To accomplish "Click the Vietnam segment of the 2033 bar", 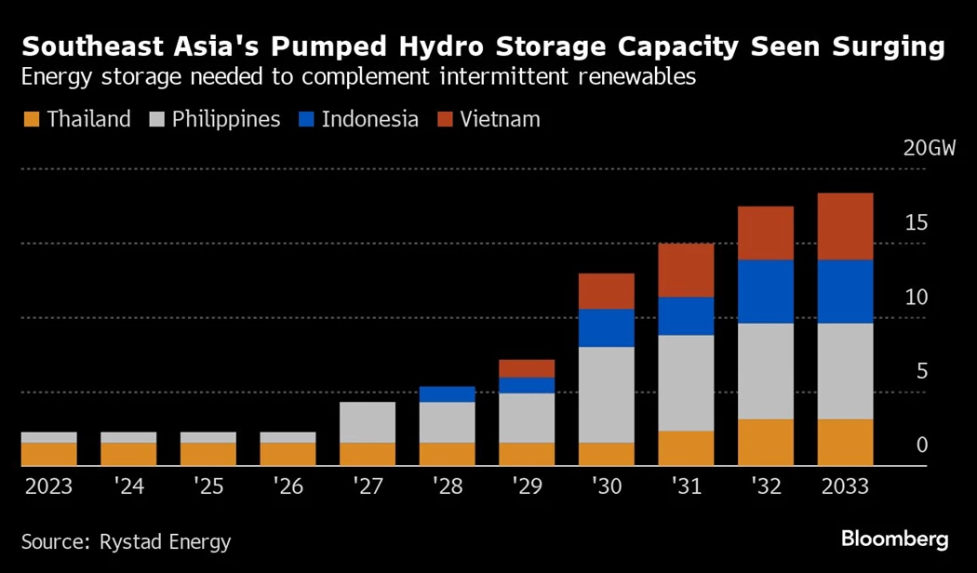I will coord(845,226).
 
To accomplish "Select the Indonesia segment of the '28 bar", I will coord(447,394).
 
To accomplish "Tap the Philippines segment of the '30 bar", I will coord(606,394).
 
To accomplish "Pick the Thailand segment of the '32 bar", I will coord(766,442).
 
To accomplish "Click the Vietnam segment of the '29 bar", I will coord(527,368).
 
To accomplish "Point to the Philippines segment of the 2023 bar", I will coord(48,437).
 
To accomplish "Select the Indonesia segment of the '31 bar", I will coord(686,316).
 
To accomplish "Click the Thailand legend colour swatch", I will coord(31,120).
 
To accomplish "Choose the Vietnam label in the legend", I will coord(499,120).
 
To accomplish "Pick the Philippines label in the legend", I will coord(226,120).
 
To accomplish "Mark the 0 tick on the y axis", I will coord(921,446).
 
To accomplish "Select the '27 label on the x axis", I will coord(368,486).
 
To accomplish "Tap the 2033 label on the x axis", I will coord(845,486).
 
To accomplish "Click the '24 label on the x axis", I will coord(128,486).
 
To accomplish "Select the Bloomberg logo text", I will coord(894,540).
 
